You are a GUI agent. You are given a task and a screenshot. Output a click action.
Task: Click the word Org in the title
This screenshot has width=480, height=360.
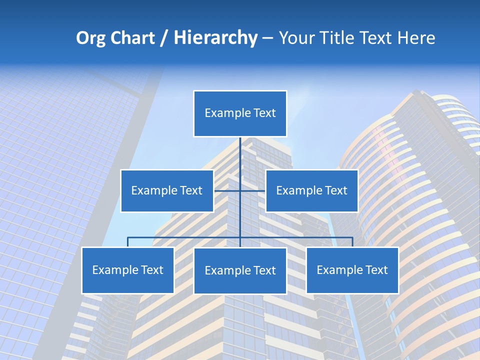point(91,38)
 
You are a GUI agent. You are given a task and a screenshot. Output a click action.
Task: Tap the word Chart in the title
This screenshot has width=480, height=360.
point(132,38)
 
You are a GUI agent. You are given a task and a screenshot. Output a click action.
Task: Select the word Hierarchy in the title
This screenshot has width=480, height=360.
point(215,38)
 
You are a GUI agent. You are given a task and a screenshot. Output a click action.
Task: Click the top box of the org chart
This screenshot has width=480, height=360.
point(240,113)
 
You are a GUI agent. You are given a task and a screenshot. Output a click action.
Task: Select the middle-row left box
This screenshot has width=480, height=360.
point(167,190)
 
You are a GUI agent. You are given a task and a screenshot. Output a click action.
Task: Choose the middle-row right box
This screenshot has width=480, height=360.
point(311,190)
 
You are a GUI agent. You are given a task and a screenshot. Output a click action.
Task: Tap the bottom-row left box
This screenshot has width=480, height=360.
point(127,270)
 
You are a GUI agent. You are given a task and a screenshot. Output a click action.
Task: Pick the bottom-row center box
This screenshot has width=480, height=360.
point(240,271)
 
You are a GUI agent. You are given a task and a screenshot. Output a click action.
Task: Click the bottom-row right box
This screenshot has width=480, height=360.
point(352,270)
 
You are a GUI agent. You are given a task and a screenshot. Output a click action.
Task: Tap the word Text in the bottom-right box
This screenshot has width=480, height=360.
point(376,270)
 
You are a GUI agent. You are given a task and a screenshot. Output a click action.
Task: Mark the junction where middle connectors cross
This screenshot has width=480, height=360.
point(240,190)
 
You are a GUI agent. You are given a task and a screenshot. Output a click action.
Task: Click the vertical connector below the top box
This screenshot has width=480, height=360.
point(240,155)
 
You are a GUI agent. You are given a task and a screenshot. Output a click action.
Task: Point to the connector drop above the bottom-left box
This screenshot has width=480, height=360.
point(127,242)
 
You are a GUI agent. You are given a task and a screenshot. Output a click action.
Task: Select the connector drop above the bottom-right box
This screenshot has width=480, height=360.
point(352,242)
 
